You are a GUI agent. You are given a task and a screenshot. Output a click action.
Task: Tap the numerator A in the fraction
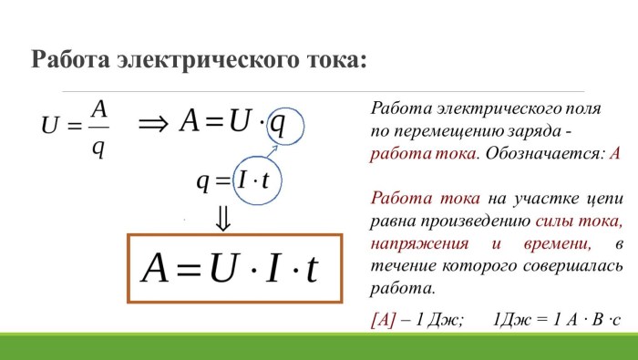[100, 108]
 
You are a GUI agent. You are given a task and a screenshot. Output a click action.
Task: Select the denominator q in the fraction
[98, 146]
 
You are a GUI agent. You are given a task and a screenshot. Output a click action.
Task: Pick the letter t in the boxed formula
[311, 268]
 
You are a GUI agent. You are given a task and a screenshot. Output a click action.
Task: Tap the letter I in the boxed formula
[272, 268]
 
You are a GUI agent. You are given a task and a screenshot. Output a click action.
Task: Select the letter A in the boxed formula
[156, 268]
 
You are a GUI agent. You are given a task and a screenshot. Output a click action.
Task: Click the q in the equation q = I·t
[201, 180]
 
